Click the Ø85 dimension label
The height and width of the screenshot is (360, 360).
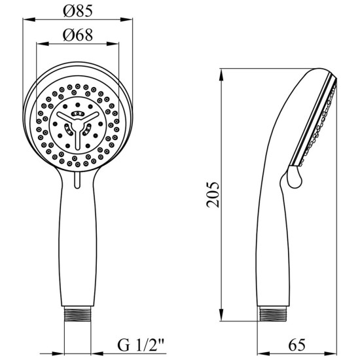pos(78,10)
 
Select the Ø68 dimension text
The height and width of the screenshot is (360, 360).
pos(78,35)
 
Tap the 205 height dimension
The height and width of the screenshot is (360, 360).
pos(213,194)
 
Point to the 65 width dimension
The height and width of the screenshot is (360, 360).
pos(297,344)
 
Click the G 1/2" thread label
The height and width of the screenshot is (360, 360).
pos(141,345)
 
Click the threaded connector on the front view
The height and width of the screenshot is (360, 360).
pos(78,314)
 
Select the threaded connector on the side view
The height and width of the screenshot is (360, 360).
pos(273,314)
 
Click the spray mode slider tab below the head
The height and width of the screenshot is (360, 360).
pos(77,181)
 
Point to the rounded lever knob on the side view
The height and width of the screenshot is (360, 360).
pos(295,177)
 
